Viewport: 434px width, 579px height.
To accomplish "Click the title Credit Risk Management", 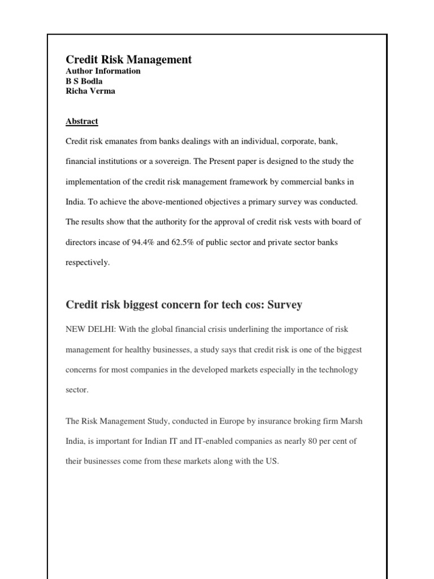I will (x=129, y=59).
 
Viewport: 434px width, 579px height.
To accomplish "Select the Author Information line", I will (x=103, y=71).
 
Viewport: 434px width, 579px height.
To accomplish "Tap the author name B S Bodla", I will (x=84, y=81).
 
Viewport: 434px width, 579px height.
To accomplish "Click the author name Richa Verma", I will (x=90, y=90).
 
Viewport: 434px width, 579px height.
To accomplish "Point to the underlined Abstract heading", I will (x=82, y=121).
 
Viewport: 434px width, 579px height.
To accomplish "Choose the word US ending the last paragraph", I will (x=272, y=461).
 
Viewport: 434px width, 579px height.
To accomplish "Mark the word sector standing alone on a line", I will (x=77, y=391).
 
